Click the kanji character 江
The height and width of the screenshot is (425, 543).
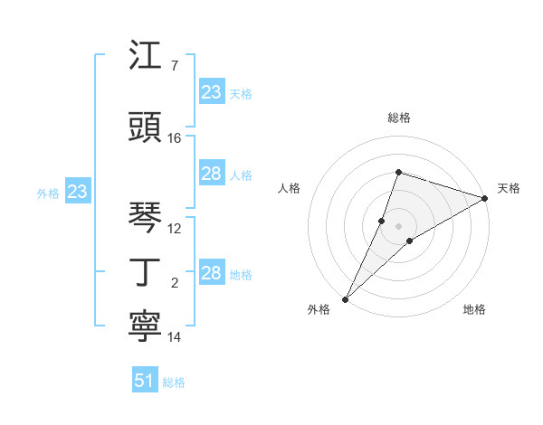pyautogui.click(x=147, y=56)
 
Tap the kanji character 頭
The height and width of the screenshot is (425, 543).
pyautogui.click(x=147, y=127)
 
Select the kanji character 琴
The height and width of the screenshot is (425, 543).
pyautogui.click(x=147, y=216)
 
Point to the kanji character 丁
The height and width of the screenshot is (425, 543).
pyautogui.click(x=147, y=272)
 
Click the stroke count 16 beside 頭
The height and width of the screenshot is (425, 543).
pyautogui.click(x=175, y=138)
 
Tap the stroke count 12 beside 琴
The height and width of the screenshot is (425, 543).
pyautogui.click(x=175, y=228)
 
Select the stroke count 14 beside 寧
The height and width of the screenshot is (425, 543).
pyautogui.click(x=175, y=337)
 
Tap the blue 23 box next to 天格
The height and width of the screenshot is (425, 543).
pyautogui.click(x=212, y=92)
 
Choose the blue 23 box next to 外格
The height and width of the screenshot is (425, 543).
pyautogui.click(x=78, y=192)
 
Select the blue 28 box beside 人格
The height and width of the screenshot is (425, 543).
pyautogui.click(x=212, y=174)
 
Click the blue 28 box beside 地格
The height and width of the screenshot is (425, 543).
pyautogui.click(x=212, y=273)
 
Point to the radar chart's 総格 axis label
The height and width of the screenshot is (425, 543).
pyautogui.click(x=398, y=118)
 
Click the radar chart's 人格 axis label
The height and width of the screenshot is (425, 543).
pyautogui.click(x=290, y=188)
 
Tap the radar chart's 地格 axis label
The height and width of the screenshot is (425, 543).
pyautogui.click(x=474, y=310)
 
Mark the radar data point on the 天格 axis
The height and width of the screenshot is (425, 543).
pyautogui.click(x=484, y=198)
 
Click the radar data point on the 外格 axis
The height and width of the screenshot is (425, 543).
pyautogui.click(x=345, y=298)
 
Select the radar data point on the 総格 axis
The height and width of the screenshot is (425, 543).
pyautogui.click(x=398, y=172)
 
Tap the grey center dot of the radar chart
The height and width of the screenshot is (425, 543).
pyautogui.click(x=398, y=225)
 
